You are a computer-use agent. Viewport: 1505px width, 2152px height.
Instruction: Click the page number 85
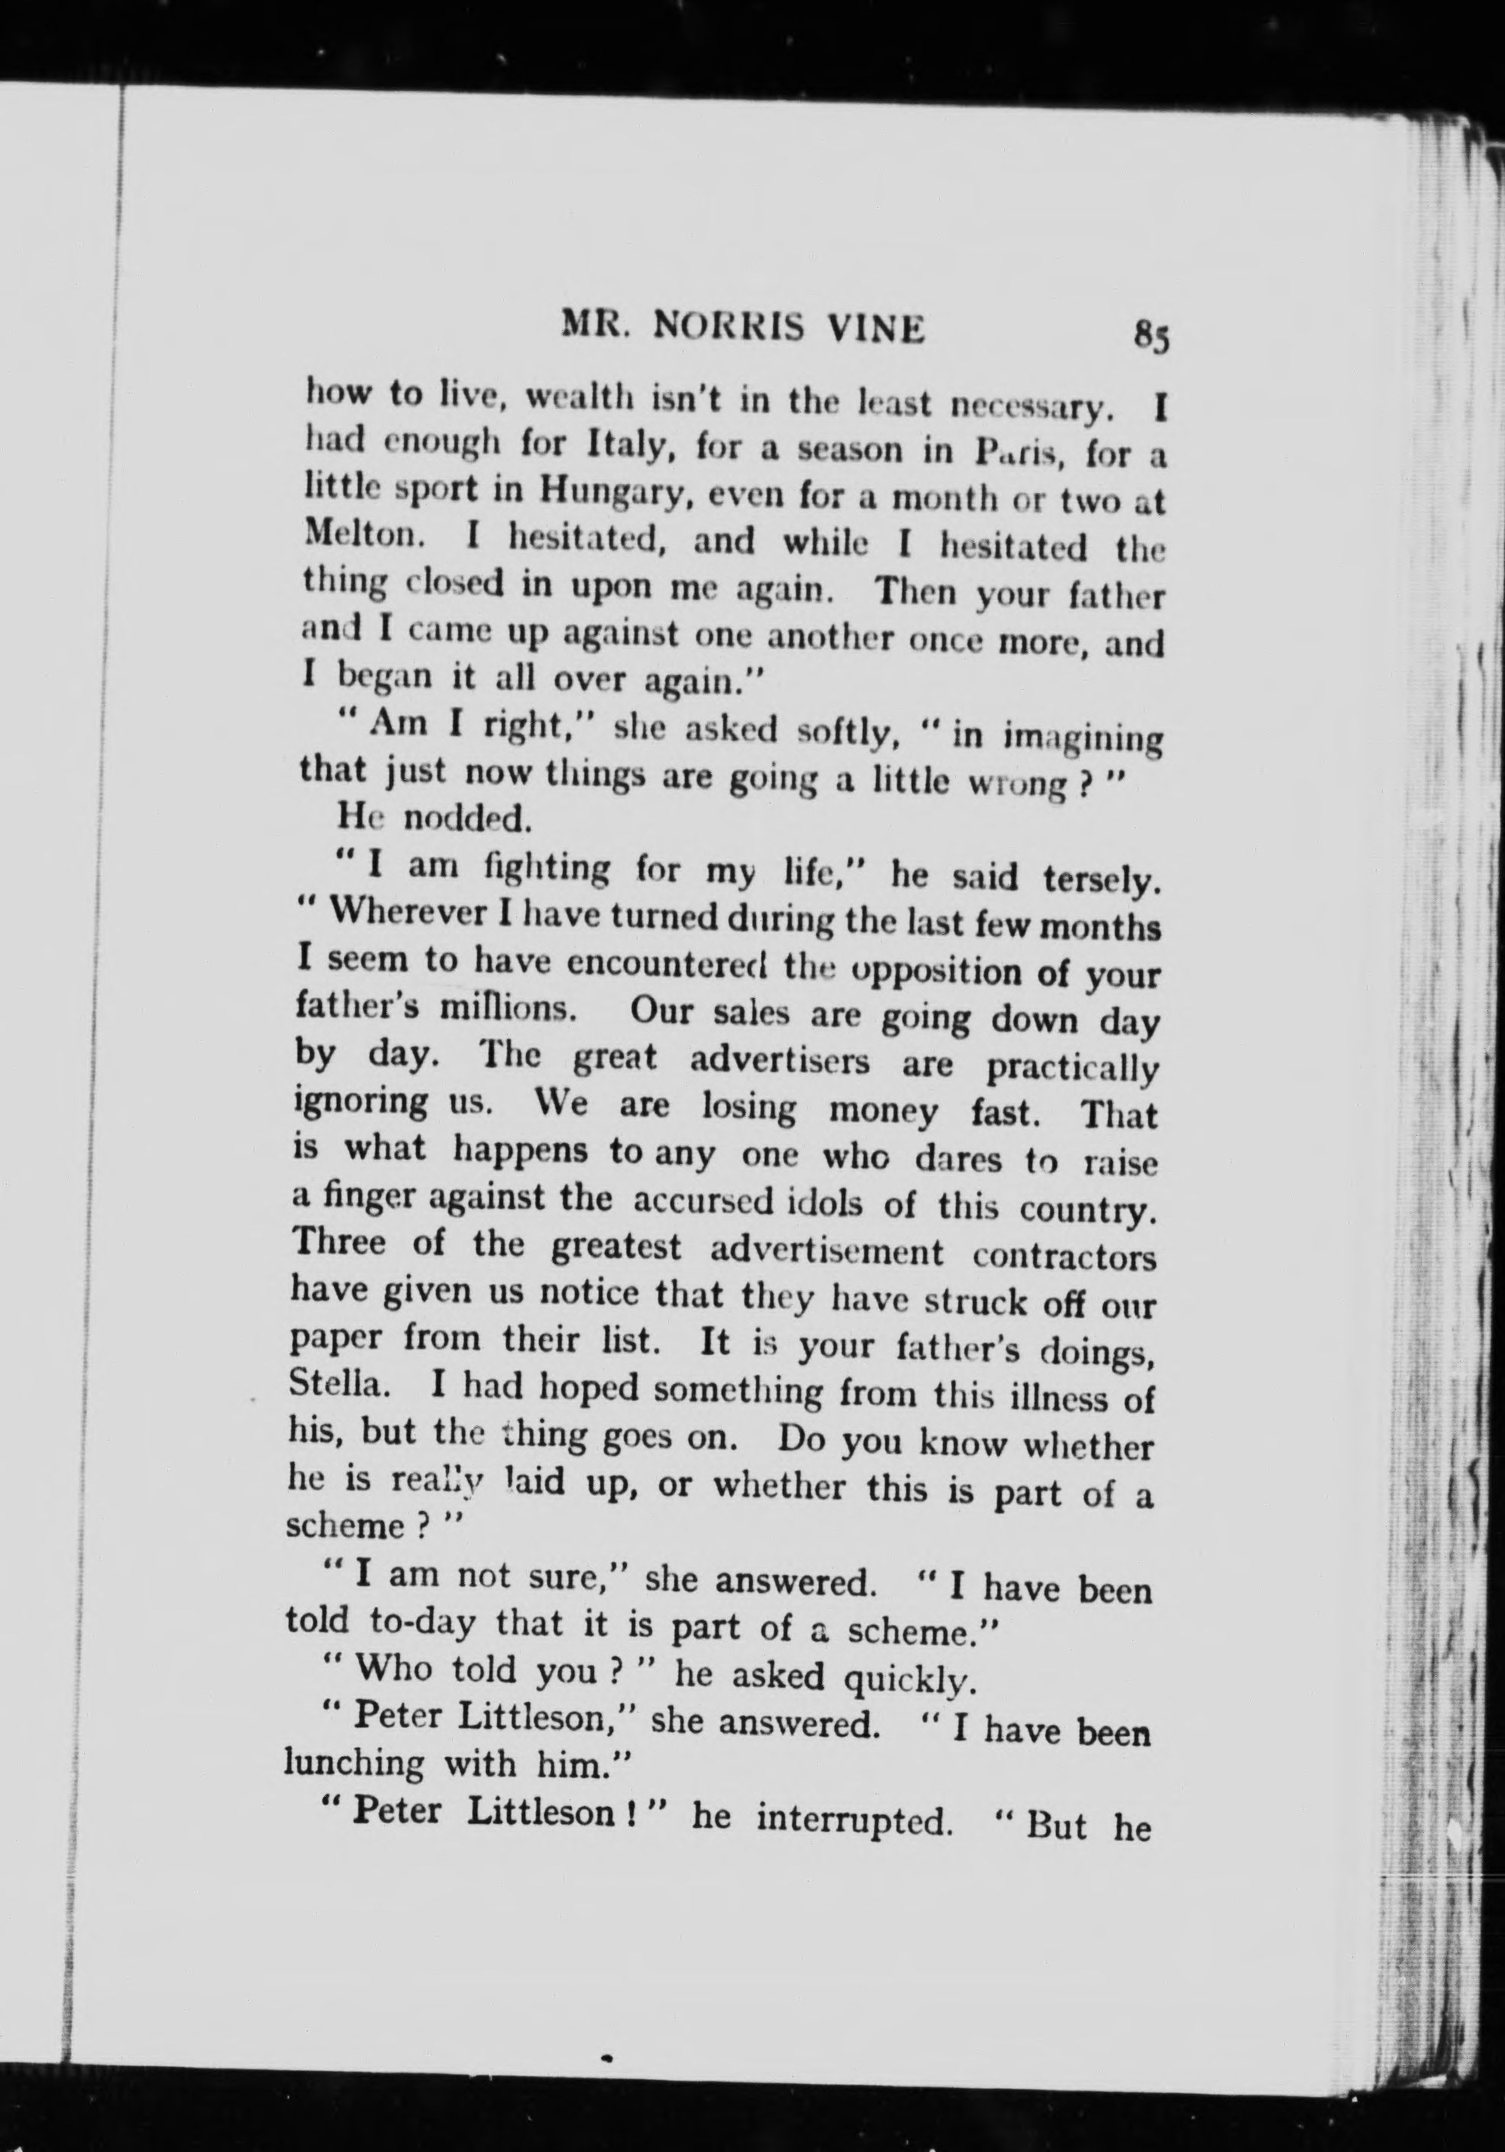pos(1151,335)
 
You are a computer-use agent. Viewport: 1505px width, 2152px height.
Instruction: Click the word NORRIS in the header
pos(721,326)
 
